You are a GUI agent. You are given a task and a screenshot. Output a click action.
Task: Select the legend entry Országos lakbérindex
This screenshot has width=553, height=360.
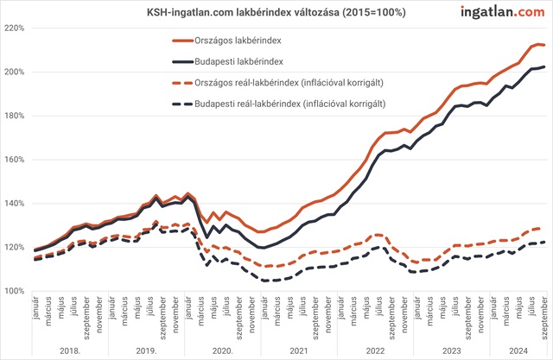(235, 41)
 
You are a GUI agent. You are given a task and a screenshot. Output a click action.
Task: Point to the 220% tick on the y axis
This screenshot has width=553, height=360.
(13, 28)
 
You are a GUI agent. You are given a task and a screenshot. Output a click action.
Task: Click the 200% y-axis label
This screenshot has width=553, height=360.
(13, 72)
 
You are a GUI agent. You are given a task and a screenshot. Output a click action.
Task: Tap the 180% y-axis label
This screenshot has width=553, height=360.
(13, 116)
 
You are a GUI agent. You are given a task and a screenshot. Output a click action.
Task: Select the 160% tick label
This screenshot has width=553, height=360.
(13, 160)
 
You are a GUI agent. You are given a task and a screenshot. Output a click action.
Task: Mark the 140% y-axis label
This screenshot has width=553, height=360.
(13, 204)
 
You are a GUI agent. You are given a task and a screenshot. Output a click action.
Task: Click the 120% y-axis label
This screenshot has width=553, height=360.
(13, 248)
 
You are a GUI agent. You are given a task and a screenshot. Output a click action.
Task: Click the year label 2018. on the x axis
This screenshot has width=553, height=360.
(70, 351)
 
